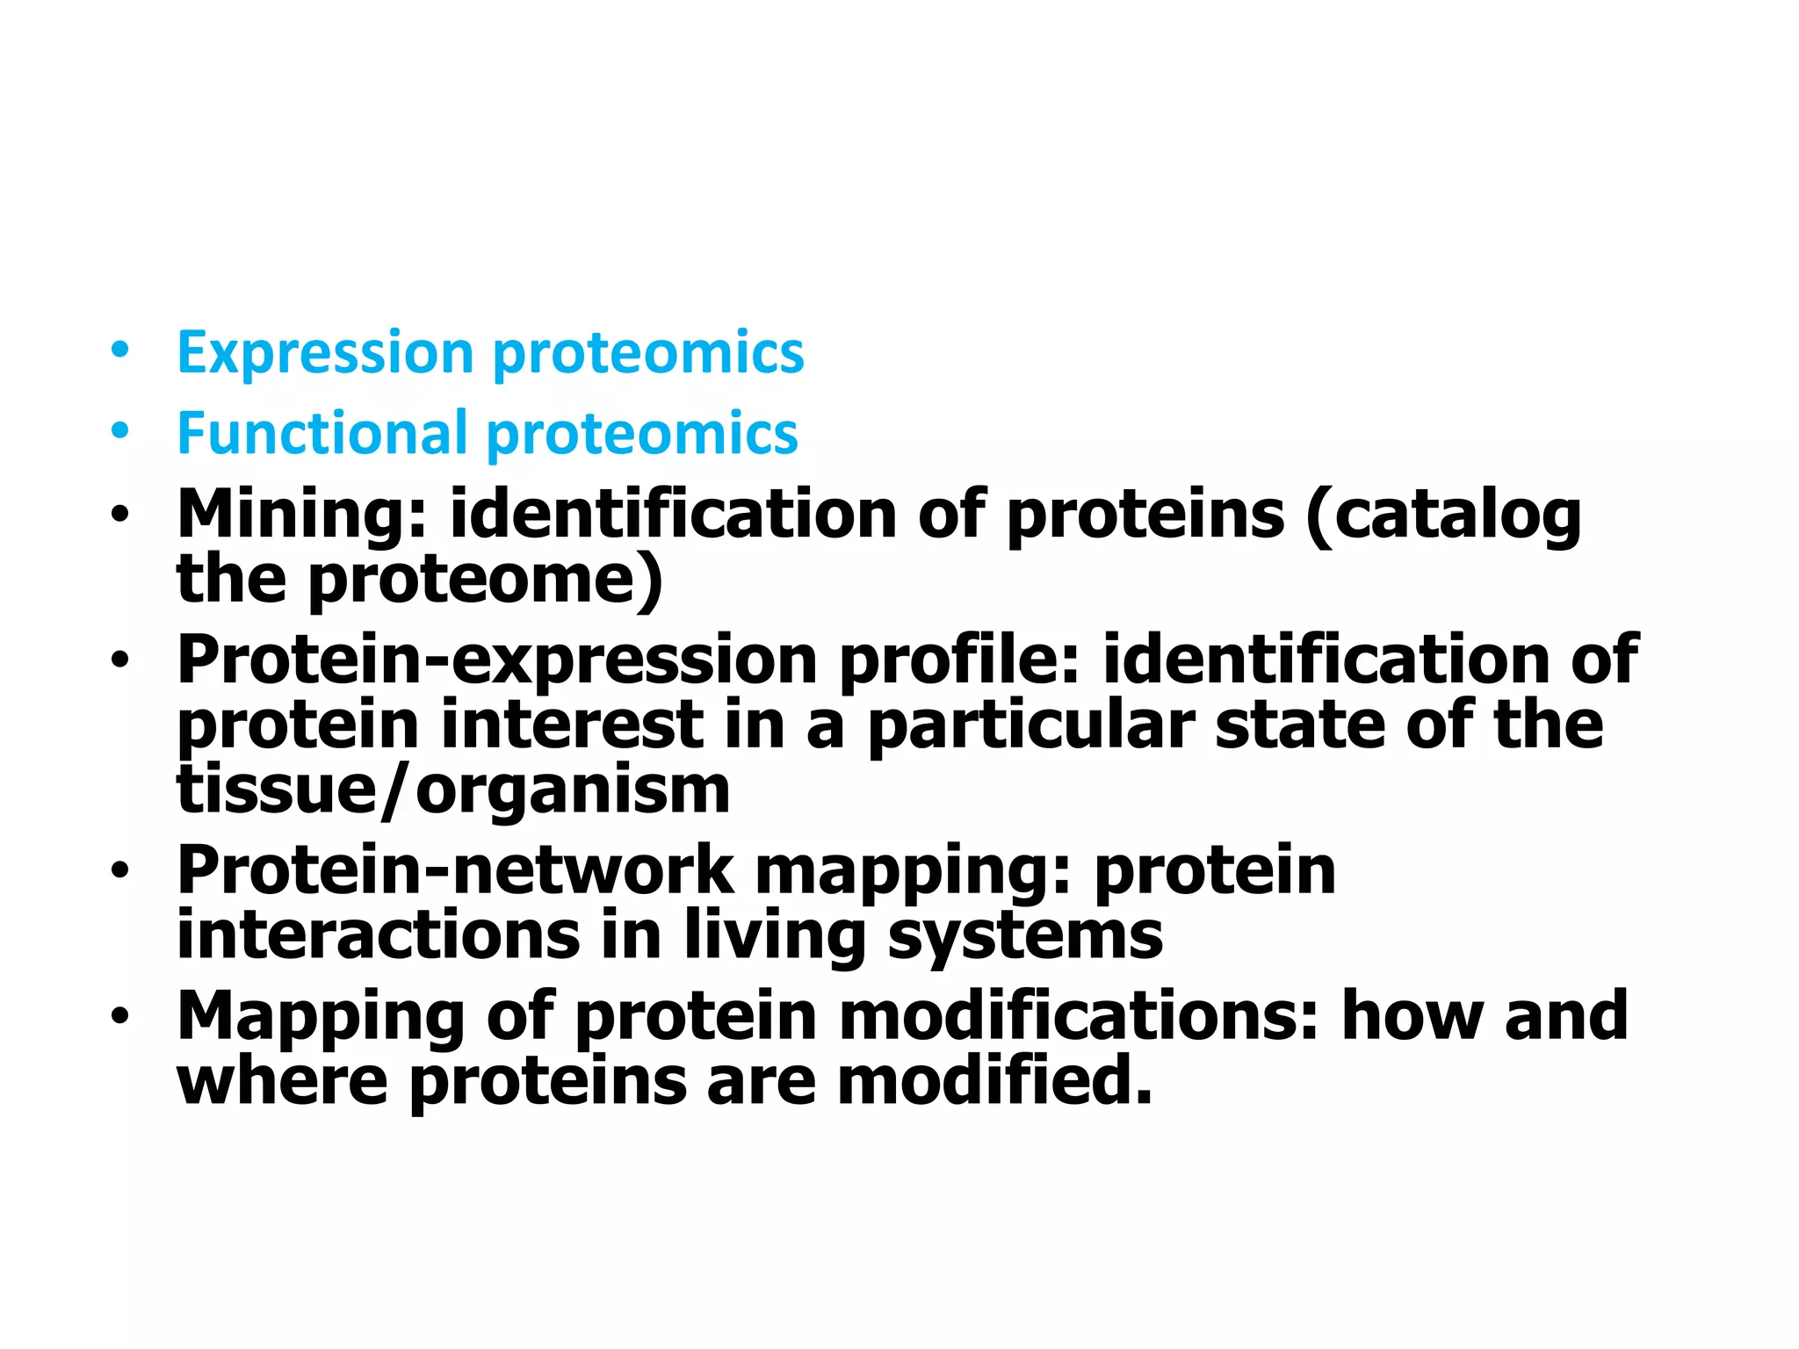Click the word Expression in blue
[x=325, y=354]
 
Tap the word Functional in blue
[x=322, y=434]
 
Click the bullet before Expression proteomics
[x=119, y=351]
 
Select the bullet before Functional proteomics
[x=119, y=431]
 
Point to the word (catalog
[x=1443, y=516]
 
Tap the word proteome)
[x=485, y=581]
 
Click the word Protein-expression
[x=497, y=660]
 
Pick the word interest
[x=572, y=725]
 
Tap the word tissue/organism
[x=453, y=790]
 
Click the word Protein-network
[x=455, y=871]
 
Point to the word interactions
[x=378, y=935]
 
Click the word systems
[x=1025, y=935]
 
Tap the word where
[x=282, y=1081]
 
